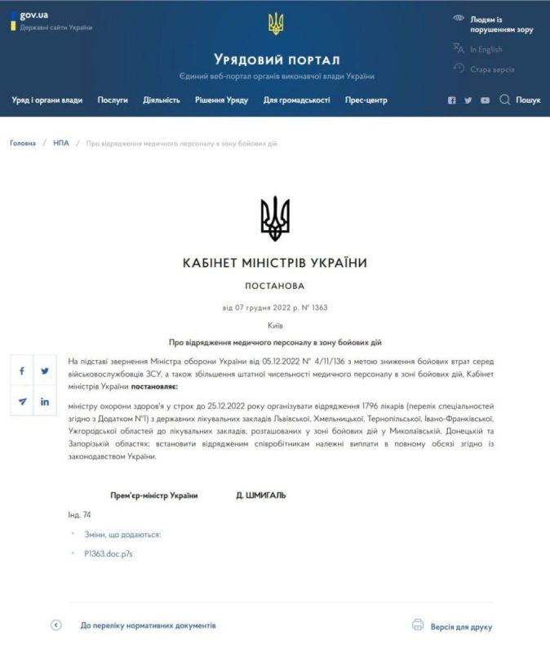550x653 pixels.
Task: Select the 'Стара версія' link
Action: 492,69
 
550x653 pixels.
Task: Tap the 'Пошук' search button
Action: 520,100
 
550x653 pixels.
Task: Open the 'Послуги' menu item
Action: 113,100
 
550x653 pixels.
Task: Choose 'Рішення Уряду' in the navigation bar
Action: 221,100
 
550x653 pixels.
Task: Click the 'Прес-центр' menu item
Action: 366,100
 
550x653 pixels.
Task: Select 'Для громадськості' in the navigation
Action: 296,100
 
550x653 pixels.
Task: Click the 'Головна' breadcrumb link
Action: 23,143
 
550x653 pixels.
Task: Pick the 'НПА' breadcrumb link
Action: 61,143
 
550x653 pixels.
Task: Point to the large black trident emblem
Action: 275,218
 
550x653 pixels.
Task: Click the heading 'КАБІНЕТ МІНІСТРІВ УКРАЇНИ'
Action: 275,263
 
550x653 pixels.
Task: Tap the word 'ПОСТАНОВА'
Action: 275,287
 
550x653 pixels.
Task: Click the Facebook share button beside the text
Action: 22,371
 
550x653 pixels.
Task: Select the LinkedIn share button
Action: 45,402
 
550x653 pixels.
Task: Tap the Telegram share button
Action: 22,402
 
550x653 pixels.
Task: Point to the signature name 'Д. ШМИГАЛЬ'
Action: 261,495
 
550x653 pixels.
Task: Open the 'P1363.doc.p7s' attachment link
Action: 108,553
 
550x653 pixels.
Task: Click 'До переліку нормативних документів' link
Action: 148,625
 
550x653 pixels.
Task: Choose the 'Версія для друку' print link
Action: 462,627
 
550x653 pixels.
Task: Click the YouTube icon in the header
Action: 485,100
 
